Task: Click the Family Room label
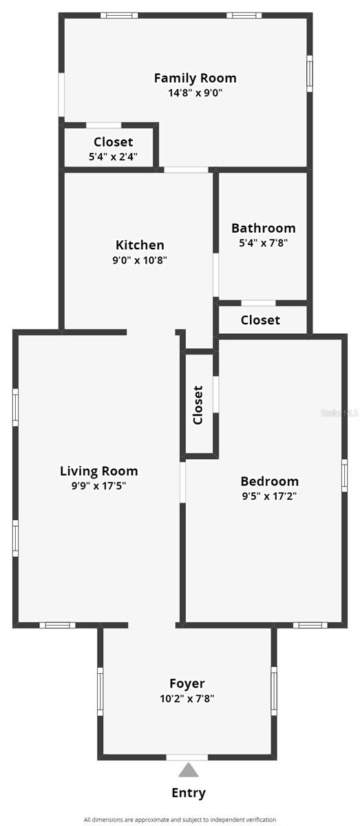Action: click(195, 78)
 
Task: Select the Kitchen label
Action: click(140, 245)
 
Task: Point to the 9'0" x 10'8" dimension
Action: click(140, 260)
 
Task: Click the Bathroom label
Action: click(263, 228)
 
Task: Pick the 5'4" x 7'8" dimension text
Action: click(263, 243)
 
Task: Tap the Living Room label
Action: click(99, 472)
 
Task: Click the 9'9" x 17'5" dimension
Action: click(99, 486)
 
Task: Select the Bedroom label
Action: click(269, 481)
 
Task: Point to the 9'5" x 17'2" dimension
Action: click(269, 496)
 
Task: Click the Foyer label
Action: click(187, 684)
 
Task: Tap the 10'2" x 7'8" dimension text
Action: click(187, 698)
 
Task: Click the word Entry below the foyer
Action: click(188, 793)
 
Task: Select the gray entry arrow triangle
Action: click(188, 770)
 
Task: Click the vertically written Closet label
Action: click(198, 405)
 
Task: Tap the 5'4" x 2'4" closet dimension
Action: click(113, 157)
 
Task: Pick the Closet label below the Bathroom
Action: click(260, 320)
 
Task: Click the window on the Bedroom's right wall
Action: click(344, 475)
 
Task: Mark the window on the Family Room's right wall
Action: click(310, 72)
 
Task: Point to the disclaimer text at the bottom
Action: click(180, 820)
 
